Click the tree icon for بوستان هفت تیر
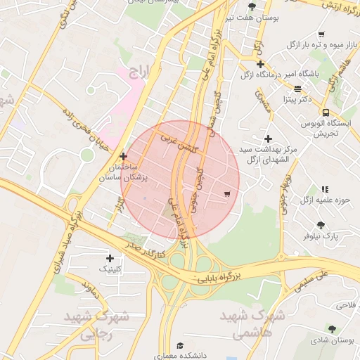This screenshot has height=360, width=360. click(252, 6)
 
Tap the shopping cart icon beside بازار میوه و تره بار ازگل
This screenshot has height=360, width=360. click(321, 34)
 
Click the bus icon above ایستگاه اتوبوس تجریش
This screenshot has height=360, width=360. click(326, 112)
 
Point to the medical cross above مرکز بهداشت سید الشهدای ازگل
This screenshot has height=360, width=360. click(267, 139)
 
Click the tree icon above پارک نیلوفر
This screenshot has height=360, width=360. click(321, 225)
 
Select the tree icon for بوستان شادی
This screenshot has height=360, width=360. click(331, 329)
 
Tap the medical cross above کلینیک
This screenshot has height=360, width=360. click(110, 258)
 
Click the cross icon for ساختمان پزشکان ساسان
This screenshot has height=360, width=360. click(124, 156)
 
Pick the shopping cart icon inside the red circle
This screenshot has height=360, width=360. click(226, 193)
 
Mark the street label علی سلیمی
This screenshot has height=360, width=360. click(314, 282)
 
